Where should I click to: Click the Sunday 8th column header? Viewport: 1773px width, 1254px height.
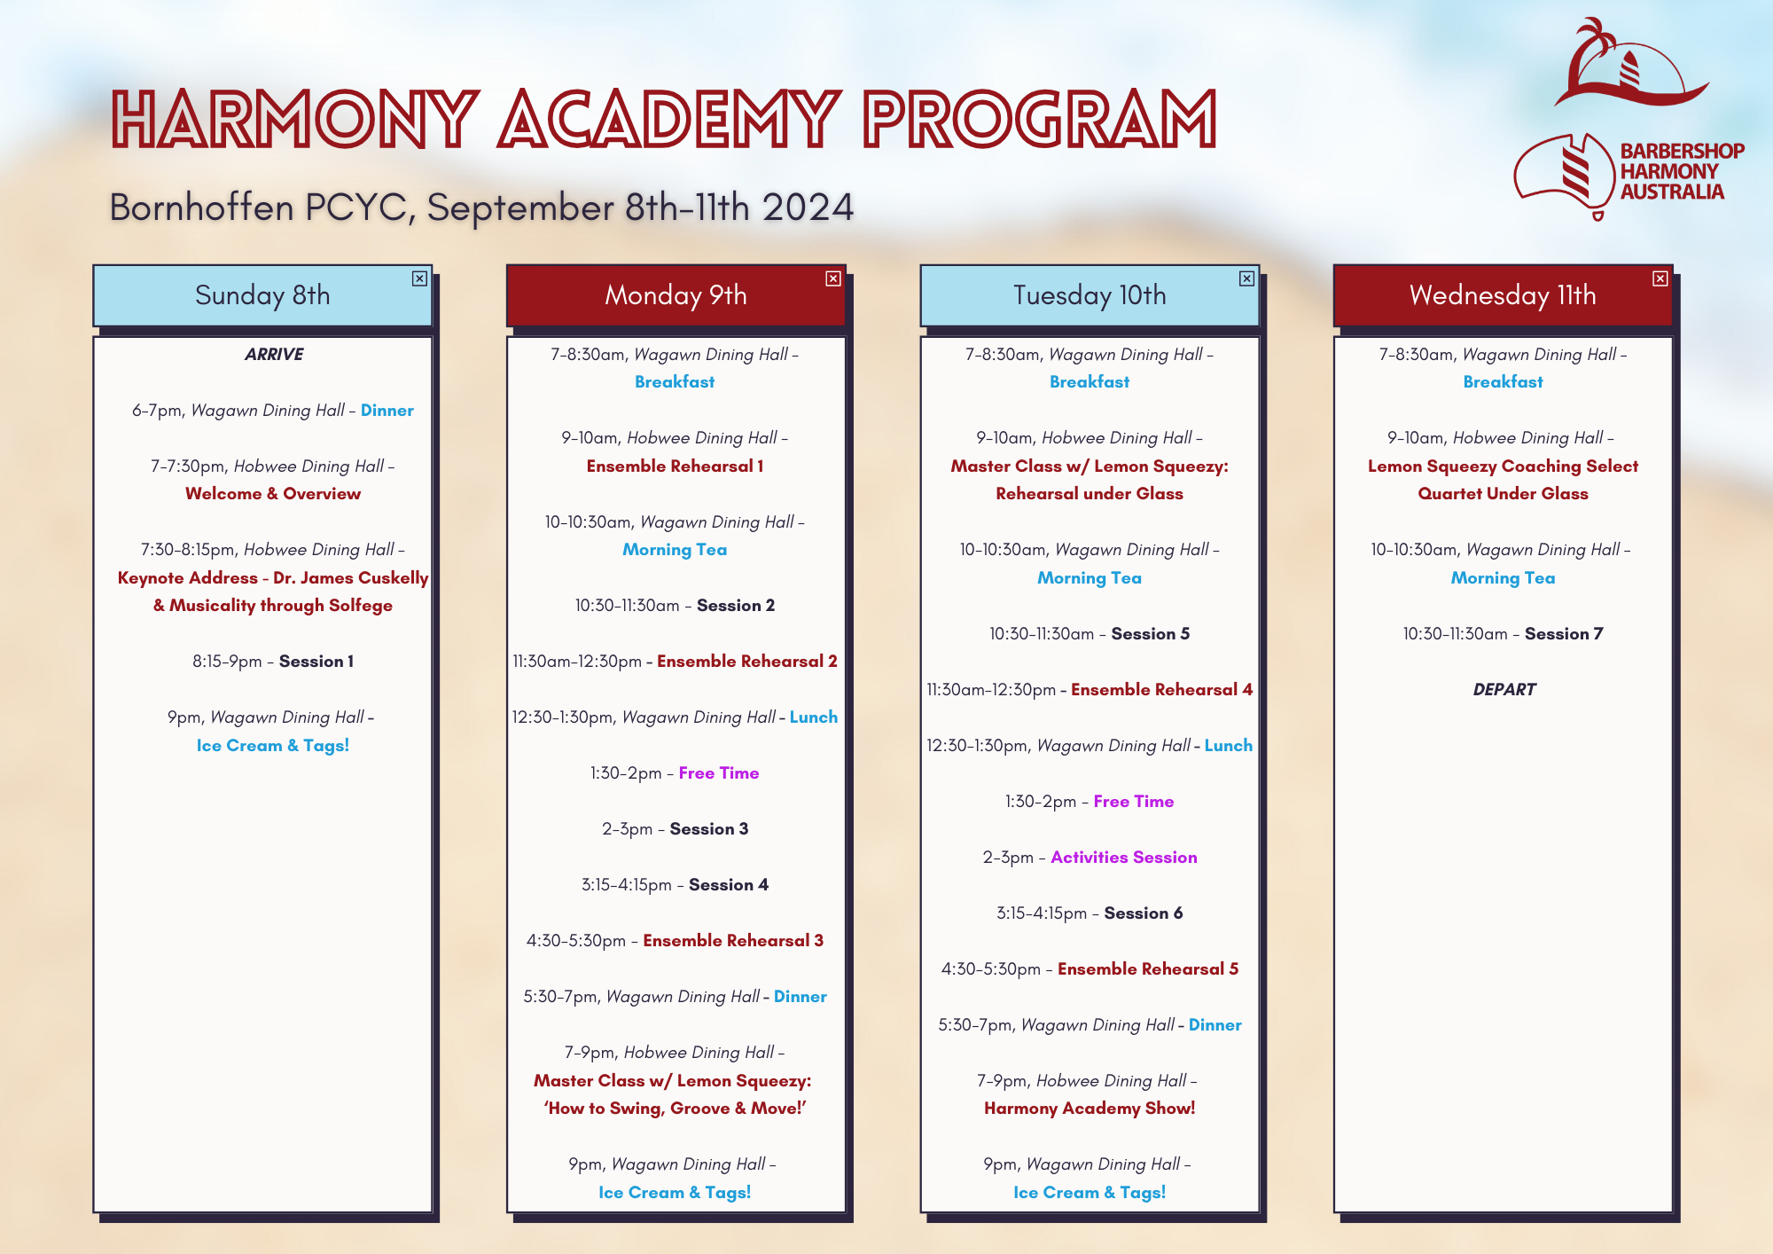pyautogui.click(x=262, y=295)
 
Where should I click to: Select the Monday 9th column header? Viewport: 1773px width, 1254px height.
pyautogui.click(x=676, y=295)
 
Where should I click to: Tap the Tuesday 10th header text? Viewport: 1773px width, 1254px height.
pyautogui.click(x=1090, y=295)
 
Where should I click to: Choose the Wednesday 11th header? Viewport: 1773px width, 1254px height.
pyautogui.click(x=1503, y=295)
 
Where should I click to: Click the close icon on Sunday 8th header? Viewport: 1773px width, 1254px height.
pyautogui.click(x=419, y=278)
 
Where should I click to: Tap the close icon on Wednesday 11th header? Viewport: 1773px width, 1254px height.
pyautogui.click(x=1660, y=278)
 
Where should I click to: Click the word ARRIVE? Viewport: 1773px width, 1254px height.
pyautogui.click(x=274, y=354)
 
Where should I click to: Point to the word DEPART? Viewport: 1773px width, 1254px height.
pyautogui.click(x=1504, y=689)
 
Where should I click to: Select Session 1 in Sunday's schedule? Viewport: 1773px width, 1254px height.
pyautogui.click(x=316, y=662)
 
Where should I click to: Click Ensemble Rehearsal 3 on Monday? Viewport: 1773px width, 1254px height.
pyautogui.click(x=733, y=941)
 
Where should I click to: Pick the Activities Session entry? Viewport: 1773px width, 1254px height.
pyautogui.click(x=1124, y=858)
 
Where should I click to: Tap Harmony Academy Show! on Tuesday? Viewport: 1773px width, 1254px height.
pyautogui.click(x=1090, y=1109)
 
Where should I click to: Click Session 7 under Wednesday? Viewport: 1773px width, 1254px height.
pyautogui.click(x=1564, y=634)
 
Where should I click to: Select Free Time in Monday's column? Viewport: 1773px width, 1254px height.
pyautogui.click(x=719, y=773)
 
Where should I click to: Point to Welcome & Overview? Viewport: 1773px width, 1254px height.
pyautogui.click(x=273, y=494)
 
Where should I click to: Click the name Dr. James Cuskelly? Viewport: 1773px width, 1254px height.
pyautogui.click(x=351, y=578)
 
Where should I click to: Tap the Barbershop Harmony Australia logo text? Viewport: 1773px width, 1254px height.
pyautogui.click(x=1682, y=171)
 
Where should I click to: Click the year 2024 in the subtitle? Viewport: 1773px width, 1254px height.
pyautogui.click(x=808, y=208)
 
